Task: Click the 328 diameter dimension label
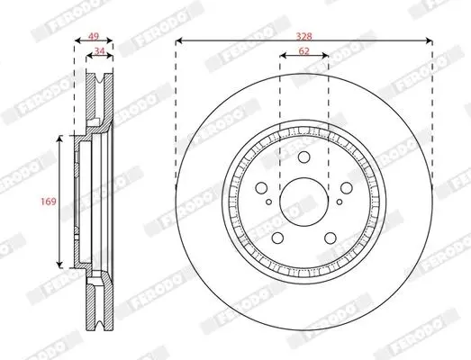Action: tap(304, 37)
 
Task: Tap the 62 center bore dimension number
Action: tap(304, 51)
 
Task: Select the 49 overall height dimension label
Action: tap(94, 37)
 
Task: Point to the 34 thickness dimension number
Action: tap(99, 51)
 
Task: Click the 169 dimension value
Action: tap(49, 202)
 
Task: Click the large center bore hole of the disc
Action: tap(303, 202)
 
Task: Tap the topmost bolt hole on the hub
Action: tap(303, 157)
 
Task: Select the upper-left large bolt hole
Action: tap(261, 188)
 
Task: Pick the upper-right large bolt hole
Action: tap(347, 188)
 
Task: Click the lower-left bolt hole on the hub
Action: tap(277, 238)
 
